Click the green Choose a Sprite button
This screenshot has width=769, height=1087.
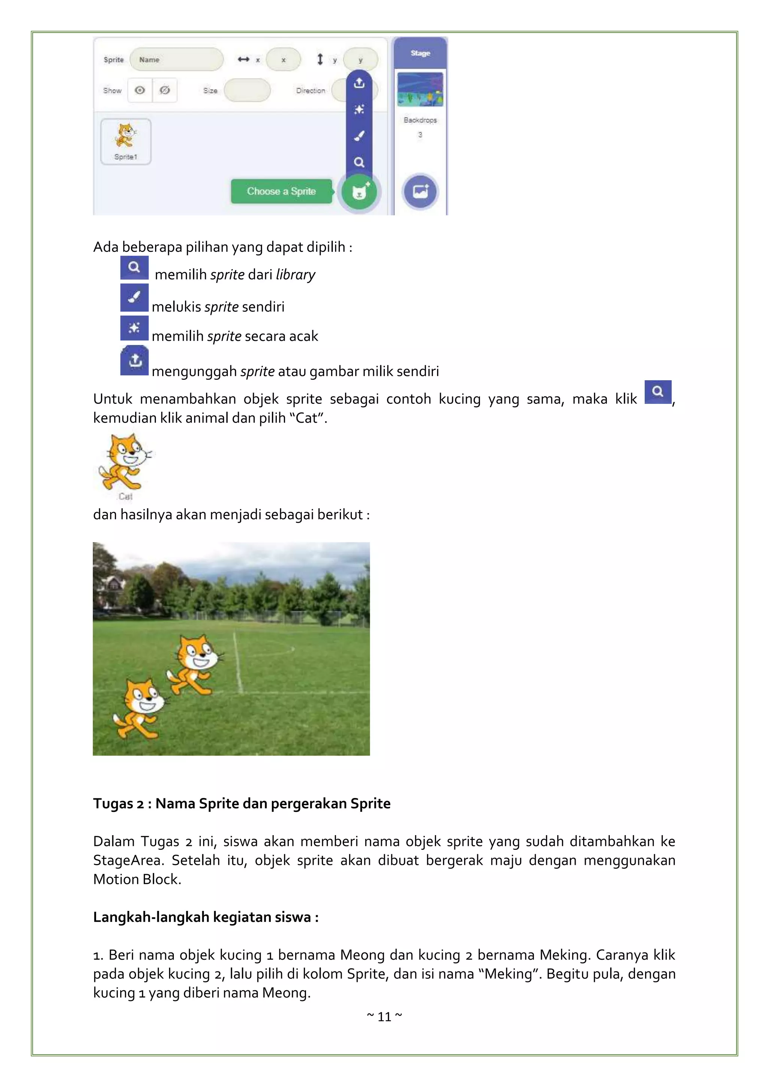281,191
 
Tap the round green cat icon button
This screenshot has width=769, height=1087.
359,192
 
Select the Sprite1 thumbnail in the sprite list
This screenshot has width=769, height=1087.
126,141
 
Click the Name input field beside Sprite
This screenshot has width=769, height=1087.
176,60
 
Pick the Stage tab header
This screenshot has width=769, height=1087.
420,53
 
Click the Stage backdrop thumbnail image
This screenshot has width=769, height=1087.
420,89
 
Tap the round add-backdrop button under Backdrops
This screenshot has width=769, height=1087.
420,191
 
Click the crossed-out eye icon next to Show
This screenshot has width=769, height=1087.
165,90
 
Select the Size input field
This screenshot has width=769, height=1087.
247,90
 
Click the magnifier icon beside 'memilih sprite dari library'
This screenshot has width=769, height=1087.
134,268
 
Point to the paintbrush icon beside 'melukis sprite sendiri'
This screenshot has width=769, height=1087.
134,297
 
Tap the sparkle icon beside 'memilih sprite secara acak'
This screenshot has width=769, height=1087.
134,328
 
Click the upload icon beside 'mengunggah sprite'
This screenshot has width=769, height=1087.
135,360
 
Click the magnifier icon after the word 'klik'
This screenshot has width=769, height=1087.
658,391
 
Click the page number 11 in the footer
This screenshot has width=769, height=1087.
384,1016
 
